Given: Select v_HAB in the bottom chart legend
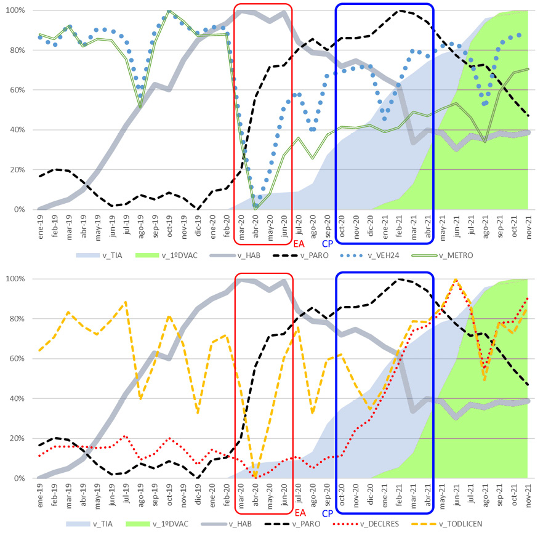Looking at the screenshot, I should pos(241,524).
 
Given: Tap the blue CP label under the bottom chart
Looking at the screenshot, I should pos(328,513).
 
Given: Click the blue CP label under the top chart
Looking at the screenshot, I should pos(328,244).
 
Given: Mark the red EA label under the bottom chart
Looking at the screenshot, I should pos(300,513).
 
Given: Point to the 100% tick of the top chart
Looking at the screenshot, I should pos(15,10).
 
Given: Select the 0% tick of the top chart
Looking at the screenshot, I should pos(19,210).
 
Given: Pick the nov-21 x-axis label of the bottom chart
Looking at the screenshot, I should pos(528,492).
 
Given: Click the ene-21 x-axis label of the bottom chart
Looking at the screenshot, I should pos(386,492).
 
